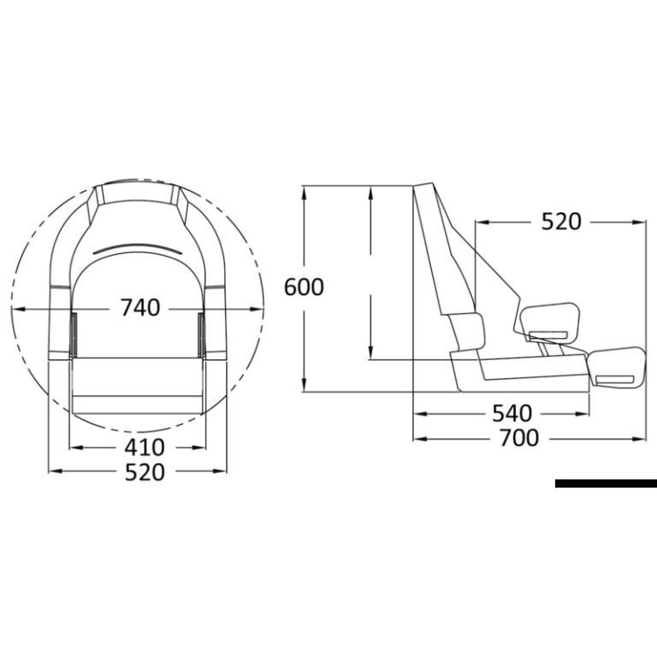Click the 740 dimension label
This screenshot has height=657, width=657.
[140, 307]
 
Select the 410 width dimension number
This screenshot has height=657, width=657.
[144, 447]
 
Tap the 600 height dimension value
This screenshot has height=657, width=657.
[304, 287]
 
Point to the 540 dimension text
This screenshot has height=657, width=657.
[512, 413]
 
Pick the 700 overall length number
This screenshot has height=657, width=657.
[519, 438]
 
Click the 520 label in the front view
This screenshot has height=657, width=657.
[145, 472]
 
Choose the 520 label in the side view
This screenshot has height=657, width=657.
[561, 222]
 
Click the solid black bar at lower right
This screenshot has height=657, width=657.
[606, 483]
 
